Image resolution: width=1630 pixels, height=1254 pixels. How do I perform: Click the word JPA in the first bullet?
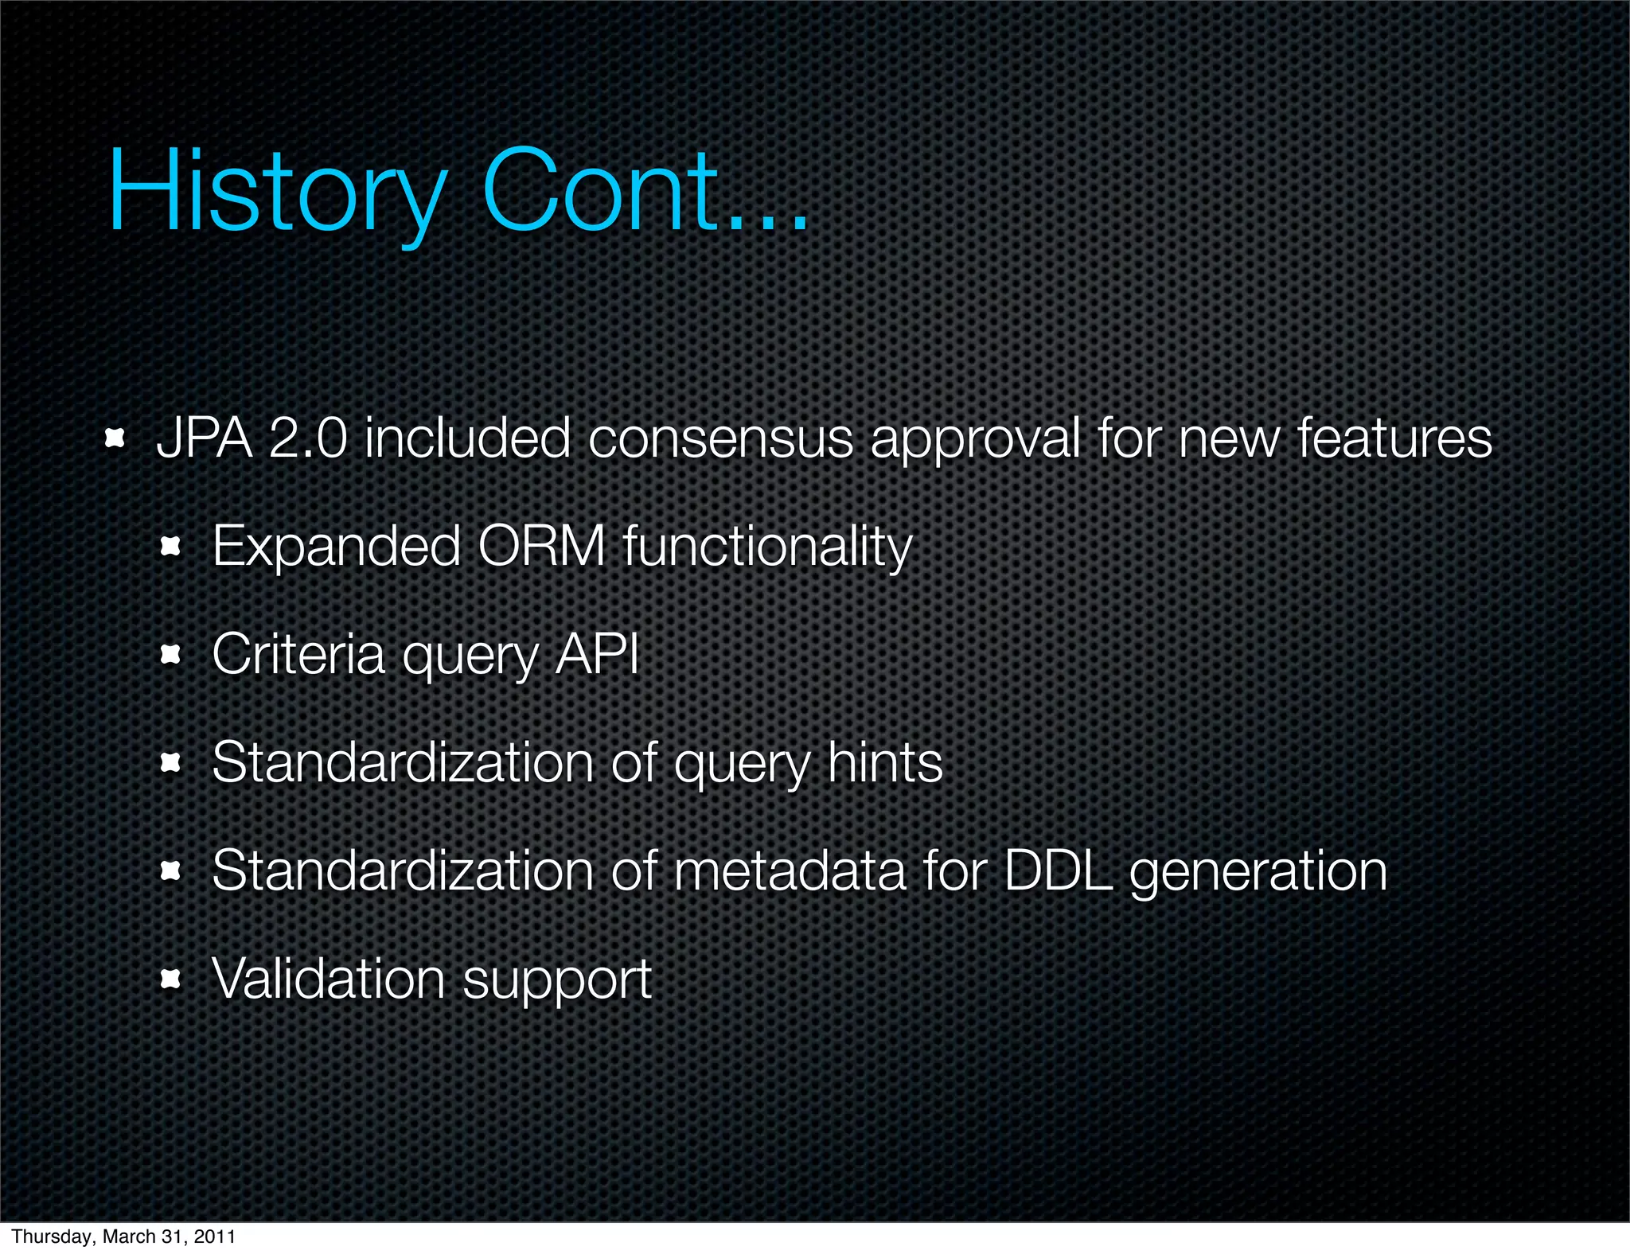pyautogui.click(x=205, y=438)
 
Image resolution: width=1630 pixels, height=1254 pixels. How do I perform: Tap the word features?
pyautogui.click(x=1394, y=438)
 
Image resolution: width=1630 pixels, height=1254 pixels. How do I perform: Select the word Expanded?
pyautogui.click(x=337, y=548)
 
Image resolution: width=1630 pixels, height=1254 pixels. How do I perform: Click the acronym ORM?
pyautogui.click(x=541, y=547)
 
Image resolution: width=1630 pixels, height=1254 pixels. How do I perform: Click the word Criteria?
pyautogui.click(x=298, y=655)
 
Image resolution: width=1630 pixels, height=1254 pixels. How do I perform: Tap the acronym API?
pyautogui.click(x=597, y=655)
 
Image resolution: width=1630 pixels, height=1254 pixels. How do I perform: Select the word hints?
pyautogui.click(x=885, y=762)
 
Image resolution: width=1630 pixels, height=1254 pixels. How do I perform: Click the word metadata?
pyautogui.click(x=790, y=870)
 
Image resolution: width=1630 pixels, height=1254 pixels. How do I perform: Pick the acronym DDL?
pyautogui.click(x=1058, y=870)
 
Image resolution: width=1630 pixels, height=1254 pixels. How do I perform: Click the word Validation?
pyautogui.click(x=328, y=979)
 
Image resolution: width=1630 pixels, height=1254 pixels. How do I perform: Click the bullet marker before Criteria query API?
pyautogui.click(x=170, y=656)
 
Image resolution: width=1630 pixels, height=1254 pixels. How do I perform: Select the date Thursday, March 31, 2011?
pyautogui.click(x=123, y=1236)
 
